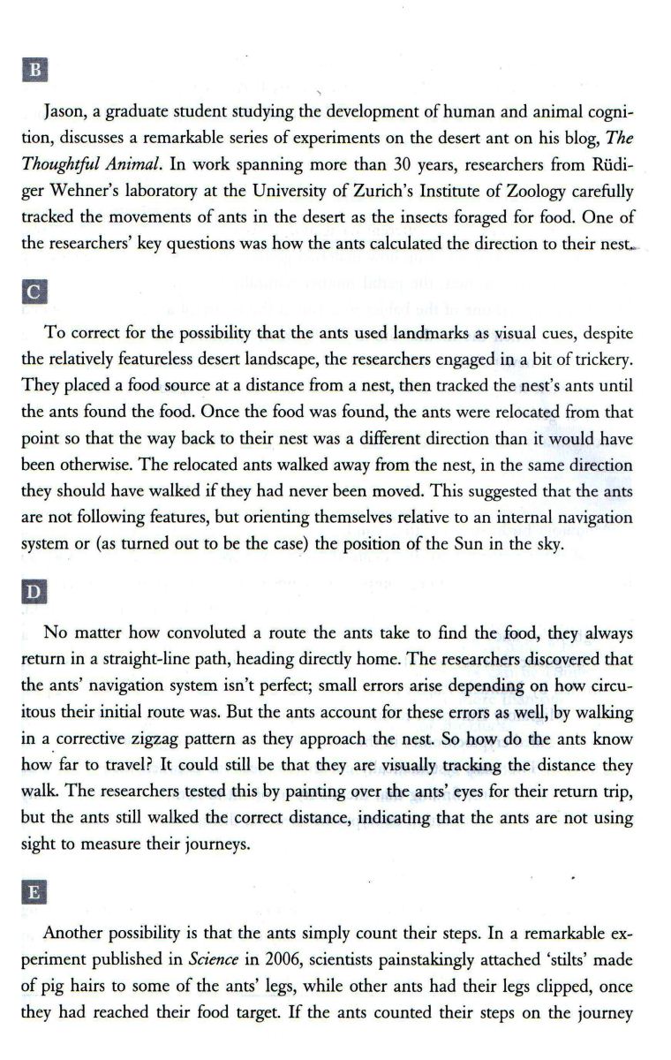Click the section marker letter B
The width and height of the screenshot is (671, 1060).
pyautogui.click(x=36, y=70)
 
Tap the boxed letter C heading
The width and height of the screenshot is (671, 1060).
pyautogui.click(x=36, y=291)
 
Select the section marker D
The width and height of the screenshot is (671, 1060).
pyautogui.click(x=36, y=588)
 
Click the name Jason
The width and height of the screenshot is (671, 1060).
pyautogui.click(x=64, y=114)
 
